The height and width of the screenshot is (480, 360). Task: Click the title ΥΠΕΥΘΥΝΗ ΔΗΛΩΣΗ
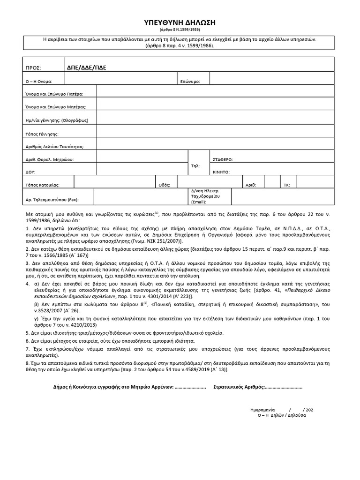180,23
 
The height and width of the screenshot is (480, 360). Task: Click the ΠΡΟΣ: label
34,67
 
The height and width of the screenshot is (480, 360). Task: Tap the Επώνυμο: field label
190,81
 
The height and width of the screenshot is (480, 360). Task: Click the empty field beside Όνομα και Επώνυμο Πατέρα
215,94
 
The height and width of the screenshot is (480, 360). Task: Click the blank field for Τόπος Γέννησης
215,133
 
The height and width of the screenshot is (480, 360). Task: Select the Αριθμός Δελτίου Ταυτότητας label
54,147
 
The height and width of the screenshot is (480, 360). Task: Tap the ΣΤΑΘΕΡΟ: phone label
223,159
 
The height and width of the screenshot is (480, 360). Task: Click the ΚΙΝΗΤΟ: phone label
221,172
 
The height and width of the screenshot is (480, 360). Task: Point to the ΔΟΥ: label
31,172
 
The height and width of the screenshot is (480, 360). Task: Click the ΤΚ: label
286,185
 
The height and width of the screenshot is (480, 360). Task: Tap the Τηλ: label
195,166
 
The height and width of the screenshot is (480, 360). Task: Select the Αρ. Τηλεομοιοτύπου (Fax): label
52,200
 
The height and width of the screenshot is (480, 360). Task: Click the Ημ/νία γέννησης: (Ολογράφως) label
57,120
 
